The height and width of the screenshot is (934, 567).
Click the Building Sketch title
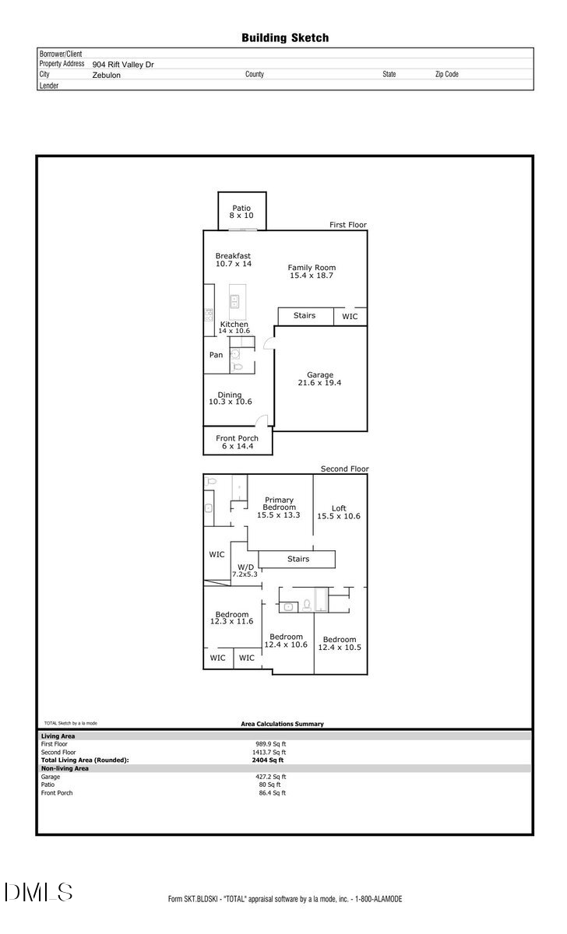tap(284, 37)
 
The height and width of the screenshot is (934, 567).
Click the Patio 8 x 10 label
tap(241, 211)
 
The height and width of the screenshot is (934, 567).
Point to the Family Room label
tap(312, 271)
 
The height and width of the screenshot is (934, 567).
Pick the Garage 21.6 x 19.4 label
tap(319, 378)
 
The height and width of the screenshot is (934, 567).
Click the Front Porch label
tap(237, 442)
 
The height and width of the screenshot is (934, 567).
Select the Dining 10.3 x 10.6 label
tap(230, 398)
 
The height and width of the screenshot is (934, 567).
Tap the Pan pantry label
tap(216, 355)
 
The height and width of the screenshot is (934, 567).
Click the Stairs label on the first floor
tap(305, 315)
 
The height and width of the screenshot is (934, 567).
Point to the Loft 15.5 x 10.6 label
tap(339, 511)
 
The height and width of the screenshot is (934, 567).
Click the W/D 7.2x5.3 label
tap(245, 570)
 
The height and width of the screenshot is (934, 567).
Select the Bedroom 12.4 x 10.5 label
tap(340, 644)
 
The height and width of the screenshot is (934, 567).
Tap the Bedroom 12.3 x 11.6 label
tap(231, 617)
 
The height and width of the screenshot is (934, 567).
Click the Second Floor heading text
tap(344, 469)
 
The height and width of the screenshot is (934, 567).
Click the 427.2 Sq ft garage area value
tap(273, 776)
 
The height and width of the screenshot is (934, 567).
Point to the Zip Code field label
tap(446, 75)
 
